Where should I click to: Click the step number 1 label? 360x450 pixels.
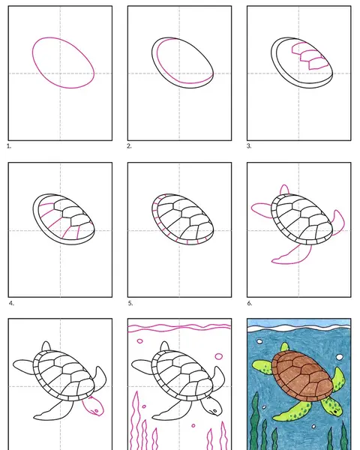click(9, 146)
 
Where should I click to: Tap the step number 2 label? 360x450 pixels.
click(129, 146)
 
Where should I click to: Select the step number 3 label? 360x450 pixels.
click(249, 146)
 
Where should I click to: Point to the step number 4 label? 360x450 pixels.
click(11, 303)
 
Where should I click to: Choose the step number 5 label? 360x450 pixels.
click(130, 303)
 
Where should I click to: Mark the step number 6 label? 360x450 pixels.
click(250, 303)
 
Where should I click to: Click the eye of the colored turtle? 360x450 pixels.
click(335, 412)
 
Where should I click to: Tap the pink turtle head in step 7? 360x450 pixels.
click(93, 407)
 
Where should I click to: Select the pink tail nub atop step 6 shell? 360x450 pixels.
click(284, 190)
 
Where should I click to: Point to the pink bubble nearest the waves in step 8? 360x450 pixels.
click(139, 341)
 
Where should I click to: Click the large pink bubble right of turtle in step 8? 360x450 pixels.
click(219, 356)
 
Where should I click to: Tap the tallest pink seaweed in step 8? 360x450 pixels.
click(135, 421)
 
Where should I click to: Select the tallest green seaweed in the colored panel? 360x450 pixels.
click(255, 421)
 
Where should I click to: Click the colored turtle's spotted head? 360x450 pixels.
click(331, 407)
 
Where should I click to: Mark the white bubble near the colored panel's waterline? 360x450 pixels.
click(259, 341)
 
